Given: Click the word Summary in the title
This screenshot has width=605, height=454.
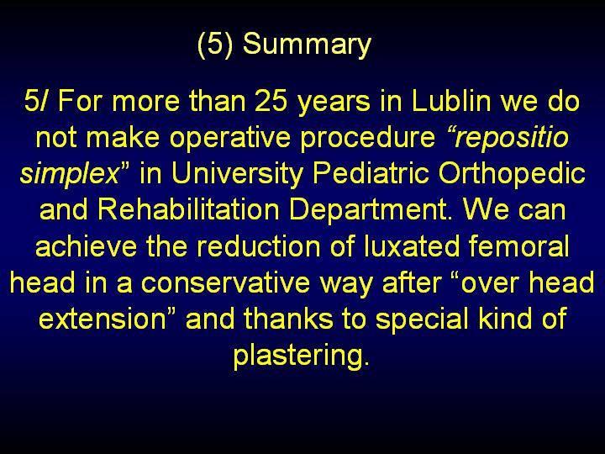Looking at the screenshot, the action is [307, 45].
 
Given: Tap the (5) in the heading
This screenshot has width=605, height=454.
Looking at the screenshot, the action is [215, 44].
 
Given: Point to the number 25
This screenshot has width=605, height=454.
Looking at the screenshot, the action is [271, 101].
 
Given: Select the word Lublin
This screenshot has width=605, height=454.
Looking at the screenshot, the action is [451, 101].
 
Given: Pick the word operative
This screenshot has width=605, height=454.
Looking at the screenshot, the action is [230, 137].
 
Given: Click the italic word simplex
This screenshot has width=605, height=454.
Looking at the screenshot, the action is [70, 174].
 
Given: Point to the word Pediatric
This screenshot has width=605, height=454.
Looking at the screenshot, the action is [371, 173].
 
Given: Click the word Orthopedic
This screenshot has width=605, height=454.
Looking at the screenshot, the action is [512, 174].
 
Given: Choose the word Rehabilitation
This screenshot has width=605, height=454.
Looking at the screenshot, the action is [188, 209].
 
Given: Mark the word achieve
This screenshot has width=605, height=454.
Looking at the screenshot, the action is [86, 245].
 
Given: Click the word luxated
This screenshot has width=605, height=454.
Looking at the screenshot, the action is [412, 245].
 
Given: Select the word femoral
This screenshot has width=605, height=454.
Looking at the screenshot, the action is [519, 245].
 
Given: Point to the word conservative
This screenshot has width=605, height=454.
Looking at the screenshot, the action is [225, 283].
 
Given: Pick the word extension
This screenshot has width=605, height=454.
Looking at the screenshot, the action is [102, 319].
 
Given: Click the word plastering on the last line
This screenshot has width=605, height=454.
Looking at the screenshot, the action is [298, 356].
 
